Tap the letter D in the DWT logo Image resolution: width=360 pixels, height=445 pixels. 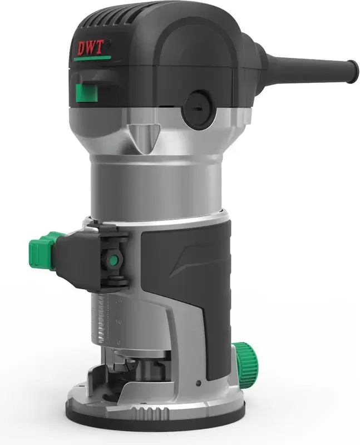click(79, 48)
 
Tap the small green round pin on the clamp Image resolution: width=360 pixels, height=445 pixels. click(114, 259)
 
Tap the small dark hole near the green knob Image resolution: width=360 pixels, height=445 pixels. click(199, 382)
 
